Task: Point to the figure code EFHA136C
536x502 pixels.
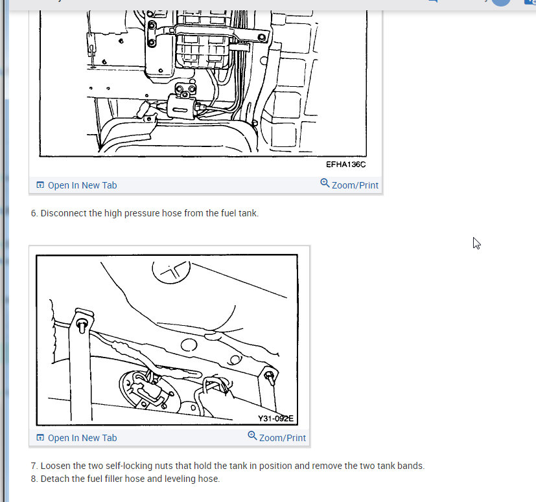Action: [345, 165]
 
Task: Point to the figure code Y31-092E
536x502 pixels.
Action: [275, 418]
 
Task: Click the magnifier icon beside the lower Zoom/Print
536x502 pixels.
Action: [252, 435]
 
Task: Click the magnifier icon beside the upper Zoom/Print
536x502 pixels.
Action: [325, 183]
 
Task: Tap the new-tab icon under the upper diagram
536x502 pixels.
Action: [40, 185]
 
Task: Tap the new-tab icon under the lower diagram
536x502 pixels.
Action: [40, 437]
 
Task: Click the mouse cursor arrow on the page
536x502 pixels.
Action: [476, 244]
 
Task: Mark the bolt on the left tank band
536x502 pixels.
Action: [82, 325]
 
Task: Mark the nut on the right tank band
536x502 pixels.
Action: [270, 377]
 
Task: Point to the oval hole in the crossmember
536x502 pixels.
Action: [189, 345]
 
